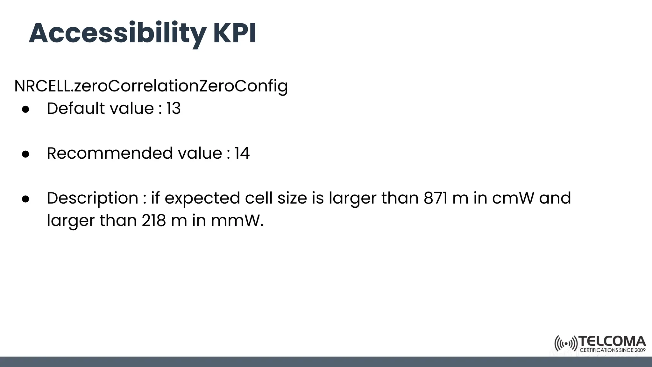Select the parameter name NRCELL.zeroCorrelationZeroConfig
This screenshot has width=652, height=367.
(x=151, y=86)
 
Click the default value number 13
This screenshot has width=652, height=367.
(x=174, y=109)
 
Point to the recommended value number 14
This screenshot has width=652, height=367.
(x=242, y=153)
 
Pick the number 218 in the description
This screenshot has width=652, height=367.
(x=154, y=220)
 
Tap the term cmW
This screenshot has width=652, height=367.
(x=513, y=198)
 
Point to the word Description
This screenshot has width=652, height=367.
(x=92, y=198)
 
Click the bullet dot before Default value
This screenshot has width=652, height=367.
(x=26, y=109)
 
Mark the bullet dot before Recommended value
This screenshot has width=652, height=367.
(x=26, y=154)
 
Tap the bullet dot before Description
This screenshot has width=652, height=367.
(x=26, y=199)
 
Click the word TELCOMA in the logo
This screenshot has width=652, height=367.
(x=612, y=342)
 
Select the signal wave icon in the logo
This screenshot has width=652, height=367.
(x=566, y=344)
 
